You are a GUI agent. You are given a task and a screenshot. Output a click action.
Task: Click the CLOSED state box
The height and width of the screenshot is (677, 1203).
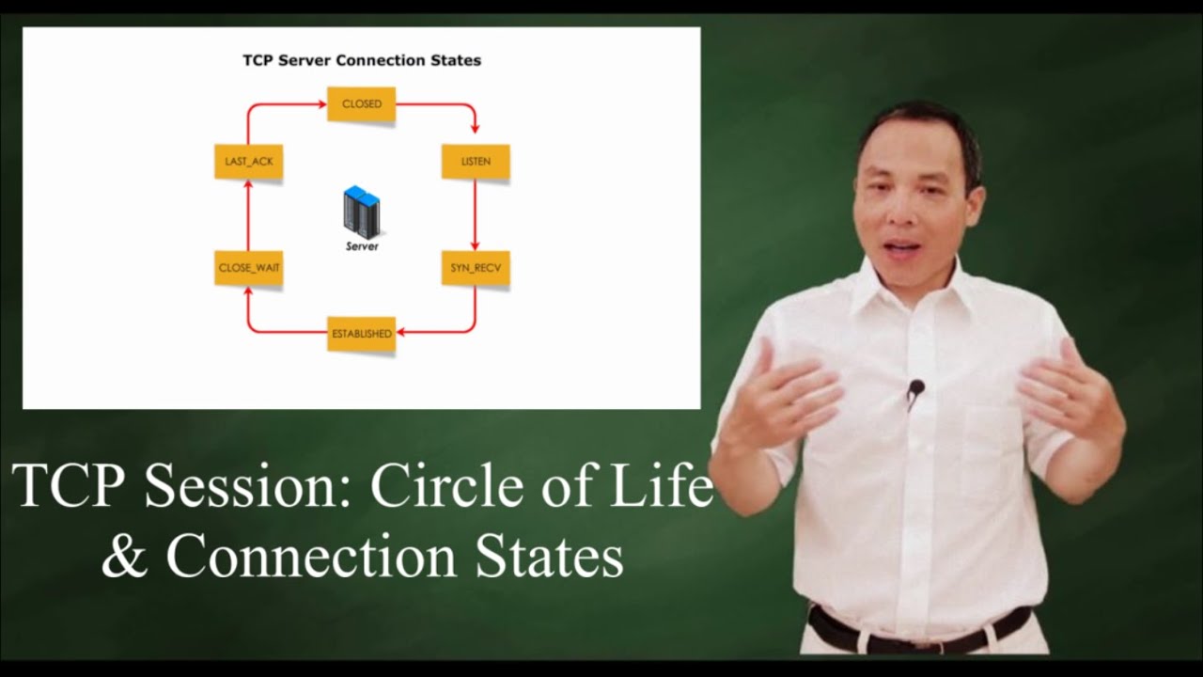pyautogui.click(x=361, y=104)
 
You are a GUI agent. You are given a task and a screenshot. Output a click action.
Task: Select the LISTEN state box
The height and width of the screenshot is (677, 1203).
pyautogui.click(x=476, y=162)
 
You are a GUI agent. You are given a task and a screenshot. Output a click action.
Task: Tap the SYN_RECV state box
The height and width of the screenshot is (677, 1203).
pyautogui.click(x=476, y=268)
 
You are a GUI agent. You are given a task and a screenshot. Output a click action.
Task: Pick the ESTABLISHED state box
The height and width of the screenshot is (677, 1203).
pyautogui.click(x=361, y=334)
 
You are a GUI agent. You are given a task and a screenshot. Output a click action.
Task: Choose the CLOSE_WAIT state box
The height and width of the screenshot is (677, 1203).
pyautogui.click(x=249, y=268)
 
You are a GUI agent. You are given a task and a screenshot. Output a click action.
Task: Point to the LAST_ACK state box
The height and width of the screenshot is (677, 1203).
pyautogui.click(x=249, y=162)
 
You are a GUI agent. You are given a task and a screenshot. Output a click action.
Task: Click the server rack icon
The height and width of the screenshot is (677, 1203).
pyautogui.click(x=361, y=211)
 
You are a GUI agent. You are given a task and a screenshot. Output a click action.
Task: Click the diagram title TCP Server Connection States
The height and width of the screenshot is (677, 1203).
pyautogui.click(x=362, y=60)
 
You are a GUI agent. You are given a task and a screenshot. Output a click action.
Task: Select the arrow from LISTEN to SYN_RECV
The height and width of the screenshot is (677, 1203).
pyautogui.click(x=476, y=214)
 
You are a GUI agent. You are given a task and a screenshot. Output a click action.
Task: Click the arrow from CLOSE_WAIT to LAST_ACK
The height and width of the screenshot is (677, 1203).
pyautogui.click(x=248, y=214)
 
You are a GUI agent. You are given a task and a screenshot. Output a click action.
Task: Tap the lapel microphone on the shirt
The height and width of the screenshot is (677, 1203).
pyautogui.click(x=915, y=388)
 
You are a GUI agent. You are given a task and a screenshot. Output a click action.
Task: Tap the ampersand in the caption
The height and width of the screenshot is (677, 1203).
pyautogui.click(x=124, y=557)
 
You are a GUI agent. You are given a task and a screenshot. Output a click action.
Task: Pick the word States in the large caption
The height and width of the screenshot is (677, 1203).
pyautogui.click(x=549, y=557)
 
